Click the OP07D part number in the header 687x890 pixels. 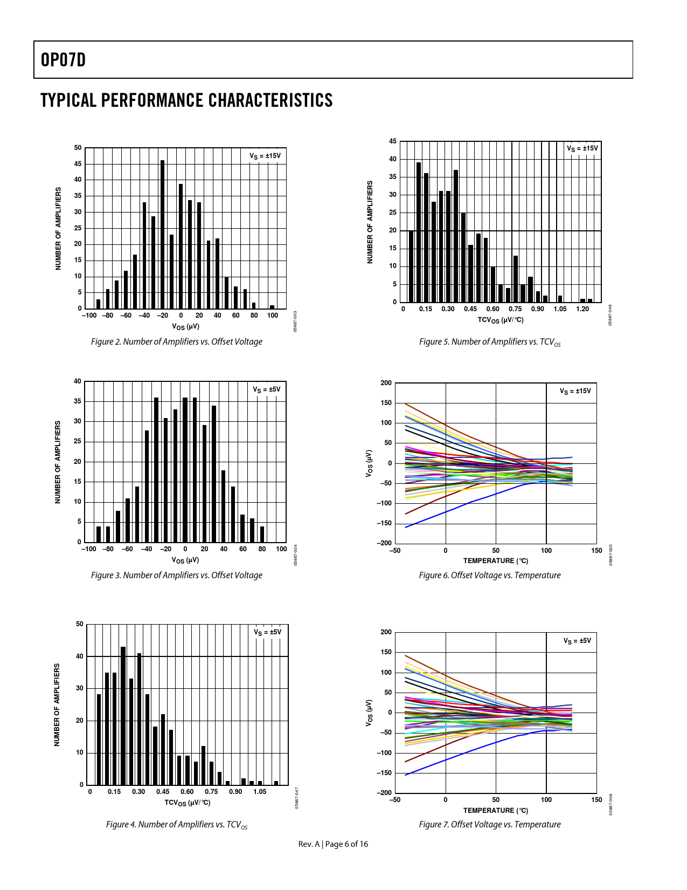click(x=63, y=60)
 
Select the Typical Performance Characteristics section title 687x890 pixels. click(x=186, y=100)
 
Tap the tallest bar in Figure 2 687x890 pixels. click(x=162, y=234)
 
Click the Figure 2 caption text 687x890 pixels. click(x=177, y=341)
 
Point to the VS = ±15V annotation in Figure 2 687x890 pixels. click(x=265, y=156)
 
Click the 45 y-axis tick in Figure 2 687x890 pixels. click(x=78, y=164)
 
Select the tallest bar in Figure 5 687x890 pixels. click(x=419, y=232)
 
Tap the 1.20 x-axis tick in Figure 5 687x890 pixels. click(x=582, y=309)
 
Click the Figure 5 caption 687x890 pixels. click(x=490, y=342)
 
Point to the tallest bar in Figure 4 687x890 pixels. click(x=123, y=715)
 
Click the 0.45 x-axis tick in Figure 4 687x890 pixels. click(x=163, y=792)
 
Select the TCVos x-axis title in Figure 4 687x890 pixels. click(x=188, y=803)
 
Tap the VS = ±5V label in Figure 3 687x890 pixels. click(x=267, y=389)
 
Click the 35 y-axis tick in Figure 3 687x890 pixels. click(x=78, y=401)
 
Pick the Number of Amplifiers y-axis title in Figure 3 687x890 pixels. click(x=58, y=462)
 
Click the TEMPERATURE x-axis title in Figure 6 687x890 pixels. click(x=496, y=560)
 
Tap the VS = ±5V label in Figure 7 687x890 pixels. click(x=577, y=641)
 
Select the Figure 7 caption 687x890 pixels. click(x=490, y=824)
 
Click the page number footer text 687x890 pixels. click(x=334, y=844)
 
